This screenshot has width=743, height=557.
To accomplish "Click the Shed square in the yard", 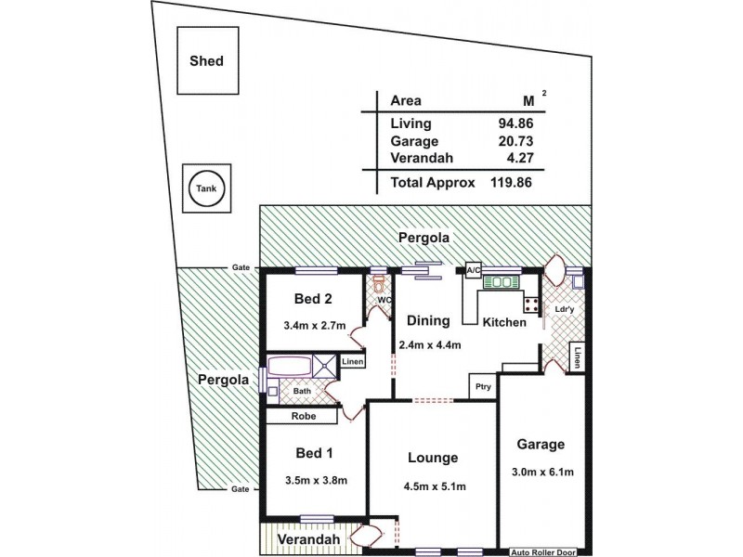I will [207, 61].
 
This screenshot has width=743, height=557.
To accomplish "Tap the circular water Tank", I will [206, 190].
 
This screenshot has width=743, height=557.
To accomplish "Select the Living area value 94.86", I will [515, 123].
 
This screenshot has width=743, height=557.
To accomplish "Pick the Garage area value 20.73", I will [515, 141].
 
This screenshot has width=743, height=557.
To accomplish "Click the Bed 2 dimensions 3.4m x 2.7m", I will [314, 326].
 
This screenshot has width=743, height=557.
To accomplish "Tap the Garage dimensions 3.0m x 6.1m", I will [541, 472].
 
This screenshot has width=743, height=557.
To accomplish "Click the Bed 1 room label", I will [314, 453].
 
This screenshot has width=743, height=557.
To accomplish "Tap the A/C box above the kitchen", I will [473, 271].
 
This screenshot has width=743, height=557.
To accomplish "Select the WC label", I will [384, 300].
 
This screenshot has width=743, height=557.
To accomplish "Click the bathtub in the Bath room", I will [290, 365].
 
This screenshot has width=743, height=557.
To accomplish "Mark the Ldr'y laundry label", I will [563, 309].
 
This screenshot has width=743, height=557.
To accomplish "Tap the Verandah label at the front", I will [304, 539].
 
